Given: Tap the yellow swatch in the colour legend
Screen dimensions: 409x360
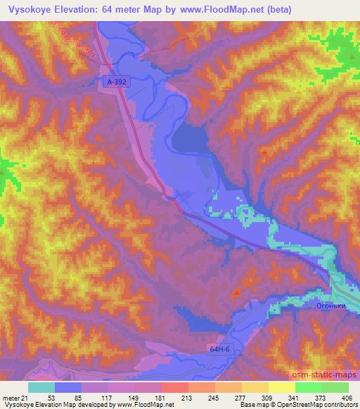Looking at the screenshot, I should [x=282, y=387].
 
